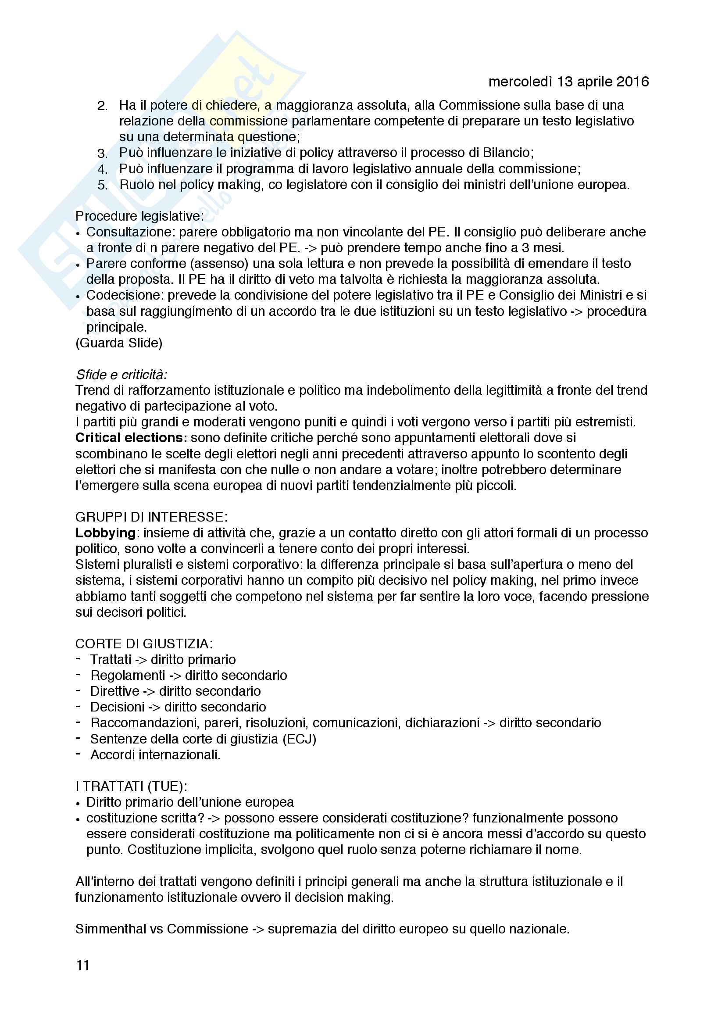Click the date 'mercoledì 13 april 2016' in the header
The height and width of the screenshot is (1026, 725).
coord(568,81)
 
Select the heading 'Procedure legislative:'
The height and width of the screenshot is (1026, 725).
coord(139,216)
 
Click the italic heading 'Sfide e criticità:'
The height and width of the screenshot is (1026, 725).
coord(121,375)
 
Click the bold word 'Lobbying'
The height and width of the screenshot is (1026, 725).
coord(105,533)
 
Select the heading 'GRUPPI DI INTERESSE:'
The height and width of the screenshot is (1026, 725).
coord(151,517)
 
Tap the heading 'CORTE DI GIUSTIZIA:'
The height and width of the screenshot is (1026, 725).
coord(144,643)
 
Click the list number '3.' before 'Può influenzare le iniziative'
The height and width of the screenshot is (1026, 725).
coord(102,154)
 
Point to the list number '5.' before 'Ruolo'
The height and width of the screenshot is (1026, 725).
coord(102,186)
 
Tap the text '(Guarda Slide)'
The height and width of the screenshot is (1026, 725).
coord(119,343)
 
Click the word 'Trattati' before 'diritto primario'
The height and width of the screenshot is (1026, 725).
coord(111,660)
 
